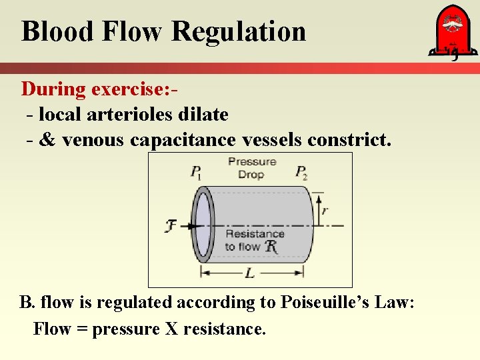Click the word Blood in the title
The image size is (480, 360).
tap(55, 31)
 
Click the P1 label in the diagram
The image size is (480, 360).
tap(196, 173)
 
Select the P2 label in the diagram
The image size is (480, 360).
tap(301, 173)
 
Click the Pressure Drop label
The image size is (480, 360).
tap(251, 168)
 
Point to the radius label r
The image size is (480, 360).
tap(324, 209)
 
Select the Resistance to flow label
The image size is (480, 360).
tap(253, 240)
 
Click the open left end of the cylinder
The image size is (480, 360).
tap(202, 224)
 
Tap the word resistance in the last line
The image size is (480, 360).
tap(223, 329)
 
